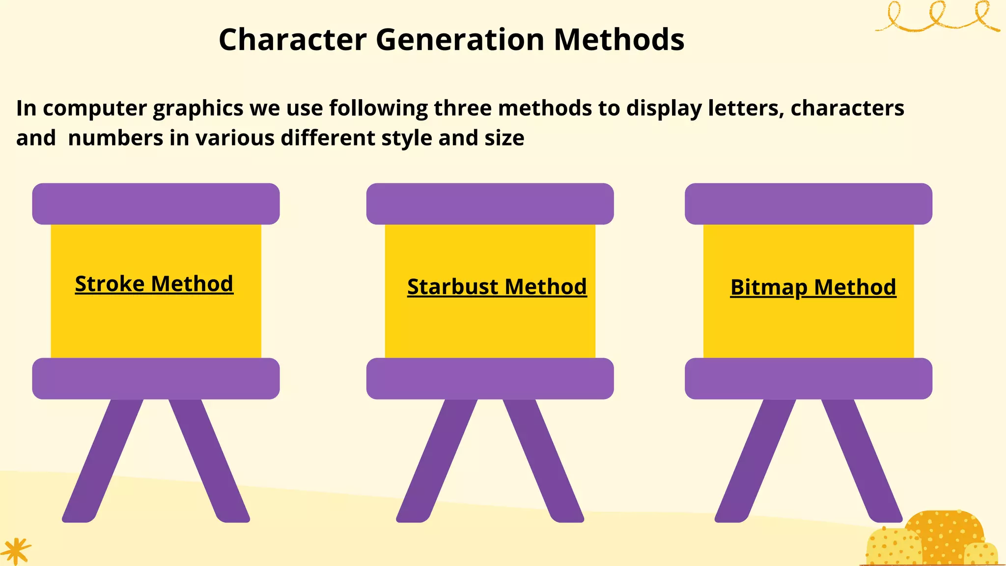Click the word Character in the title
pyautogui.click(x=292, y=39)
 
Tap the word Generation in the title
pyautogui.click(x=460, y=39)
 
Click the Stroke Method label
pyautogui.click(x=154, y=284)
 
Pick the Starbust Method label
pyautogui.click(x=497, y=287)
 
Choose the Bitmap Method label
pyautogui.click(x=813, y=287)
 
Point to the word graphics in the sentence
pyautogui.click(x=198, y=109)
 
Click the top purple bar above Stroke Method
pyautogui.click(x=156, y=204)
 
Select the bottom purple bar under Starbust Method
pyautogui.click(x=490, y=378)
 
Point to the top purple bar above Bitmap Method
pyautogui.click(x=808, y=204)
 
